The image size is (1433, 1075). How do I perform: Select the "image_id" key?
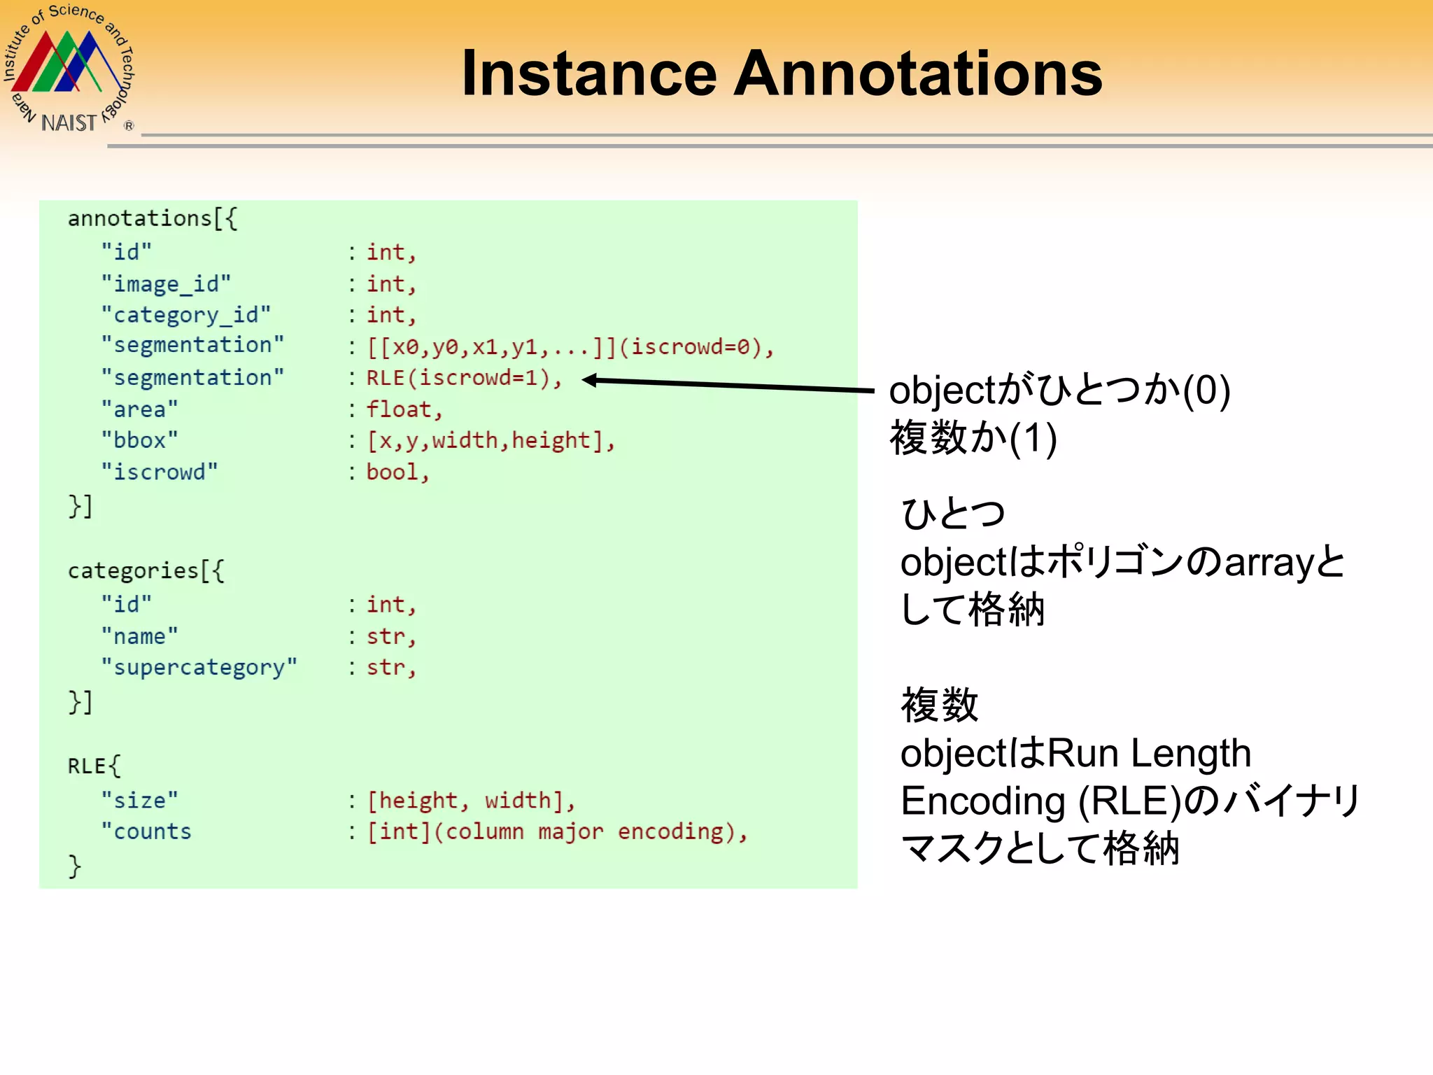pyautogui.click(x=166, y=283)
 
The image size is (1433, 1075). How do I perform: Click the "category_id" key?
pyautogui.click(x=185, y=315)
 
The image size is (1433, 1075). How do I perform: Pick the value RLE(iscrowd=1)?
pyautogui.click(x=463, y=378)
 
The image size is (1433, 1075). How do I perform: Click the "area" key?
pyautogui.click(x=140, y=409)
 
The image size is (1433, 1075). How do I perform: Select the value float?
pyautogui.click(x=404, y=409)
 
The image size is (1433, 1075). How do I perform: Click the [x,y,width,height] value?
pyautogui.click(x=490, y=440)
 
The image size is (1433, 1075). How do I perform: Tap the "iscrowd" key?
pyautogui.click(x=160, y=472)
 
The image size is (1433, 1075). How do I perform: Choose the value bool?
pyautogui.click(x=397, y=472)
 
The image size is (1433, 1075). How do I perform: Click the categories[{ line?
pyautogui.click(x=146, y=570)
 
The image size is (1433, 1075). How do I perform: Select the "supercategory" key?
pyautogui.click(x=199, y=667)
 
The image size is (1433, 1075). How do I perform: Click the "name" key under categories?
pyautogui.click(x=140, y=636)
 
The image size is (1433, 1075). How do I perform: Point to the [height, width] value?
pyautogui.click(x=470, y=800)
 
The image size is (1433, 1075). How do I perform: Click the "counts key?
pyautogui.click(x=146, y=831)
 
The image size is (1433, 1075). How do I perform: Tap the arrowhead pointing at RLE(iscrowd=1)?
pyautogui.click(x=590, y=380)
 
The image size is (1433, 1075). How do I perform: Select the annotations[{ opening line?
pyautogui.click(x=153, y=218)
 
